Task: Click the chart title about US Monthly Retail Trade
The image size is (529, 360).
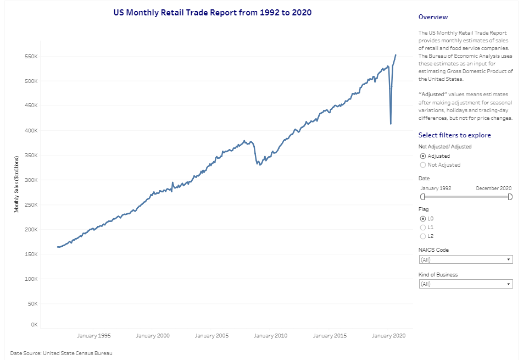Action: click(x=212, y=12)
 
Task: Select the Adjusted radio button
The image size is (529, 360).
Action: click(x=422, y=156)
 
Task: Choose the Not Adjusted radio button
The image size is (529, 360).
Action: click(x=422, y=165)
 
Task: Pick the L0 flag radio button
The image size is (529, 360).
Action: click(x=422, y=219)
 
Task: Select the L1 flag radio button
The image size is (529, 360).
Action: click(x=422, y=228)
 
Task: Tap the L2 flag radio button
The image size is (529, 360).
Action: click(x=422, y=236)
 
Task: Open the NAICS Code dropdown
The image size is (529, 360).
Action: click(x=465, y=259)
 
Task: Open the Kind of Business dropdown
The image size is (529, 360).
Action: click(x=465, y=284)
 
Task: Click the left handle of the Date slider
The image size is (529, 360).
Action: click(x=422, y=197)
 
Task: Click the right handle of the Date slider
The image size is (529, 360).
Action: click(x=510, y=197)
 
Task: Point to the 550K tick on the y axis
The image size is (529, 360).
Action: click(x=30, y=57)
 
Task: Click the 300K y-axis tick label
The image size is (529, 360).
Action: click(x=30, y=180)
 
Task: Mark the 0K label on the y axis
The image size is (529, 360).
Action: click(x=33, y=325)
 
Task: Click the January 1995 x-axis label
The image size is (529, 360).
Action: click(x=94, y=336)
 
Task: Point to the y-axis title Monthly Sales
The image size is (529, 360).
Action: click(x=18, y=184)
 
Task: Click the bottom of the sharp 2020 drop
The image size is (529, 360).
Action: click(x=391, y=124)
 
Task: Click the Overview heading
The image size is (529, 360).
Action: click(x=433, y=18)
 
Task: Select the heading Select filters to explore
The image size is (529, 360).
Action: click(x=454, y=135)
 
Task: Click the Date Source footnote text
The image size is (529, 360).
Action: click(x=65, y=353)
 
